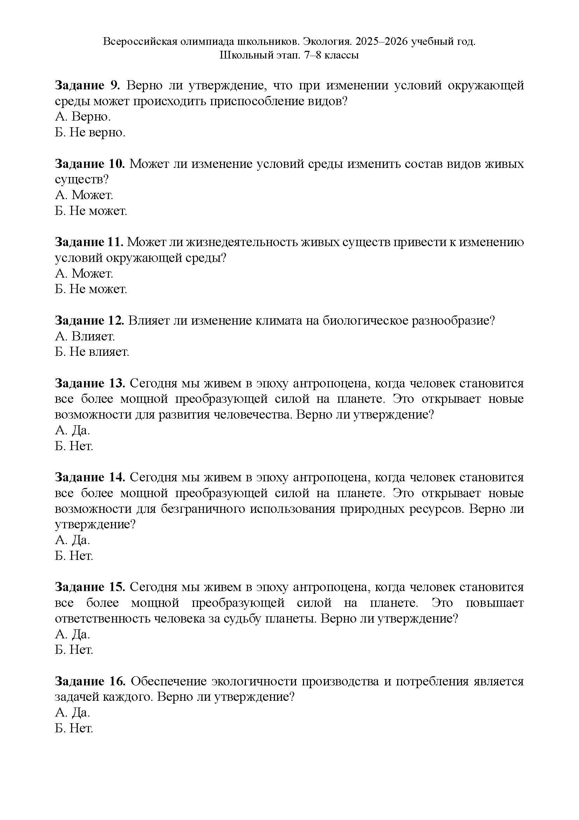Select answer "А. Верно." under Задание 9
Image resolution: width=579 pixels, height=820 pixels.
point(83,117)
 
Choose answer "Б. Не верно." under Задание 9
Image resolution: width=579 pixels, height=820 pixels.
point(90,133)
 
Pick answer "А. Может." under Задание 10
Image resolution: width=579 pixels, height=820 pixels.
point(84,195)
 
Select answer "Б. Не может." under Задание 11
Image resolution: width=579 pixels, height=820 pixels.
point(91,289)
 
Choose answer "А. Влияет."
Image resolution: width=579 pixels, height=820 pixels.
point(85,336)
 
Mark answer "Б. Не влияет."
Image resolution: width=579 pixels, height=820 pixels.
point(92,352)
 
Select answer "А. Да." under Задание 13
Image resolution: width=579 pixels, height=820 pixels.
point(73,431)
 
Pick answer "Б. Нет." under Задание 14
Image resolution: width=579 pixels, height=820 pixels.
point(74,556)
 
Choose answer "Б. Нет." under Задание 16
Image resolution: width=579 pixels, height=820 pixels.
point(74,728)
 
